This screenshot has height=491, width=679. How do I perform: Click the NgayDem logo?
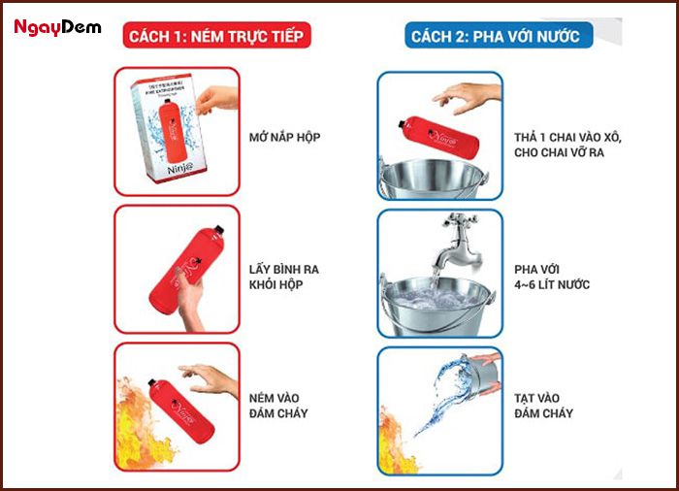57,27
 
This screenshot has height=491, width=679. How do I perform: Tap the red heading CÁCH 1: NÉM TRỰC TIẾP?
217,37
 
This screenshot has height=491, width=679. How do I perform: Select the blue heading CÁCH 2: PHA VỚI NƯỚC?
495,37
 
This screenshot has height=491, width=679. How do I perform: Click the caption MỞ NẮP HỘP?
284,137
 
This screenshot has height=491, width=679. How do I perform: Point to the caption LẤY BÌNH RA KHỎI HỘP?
284,275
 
